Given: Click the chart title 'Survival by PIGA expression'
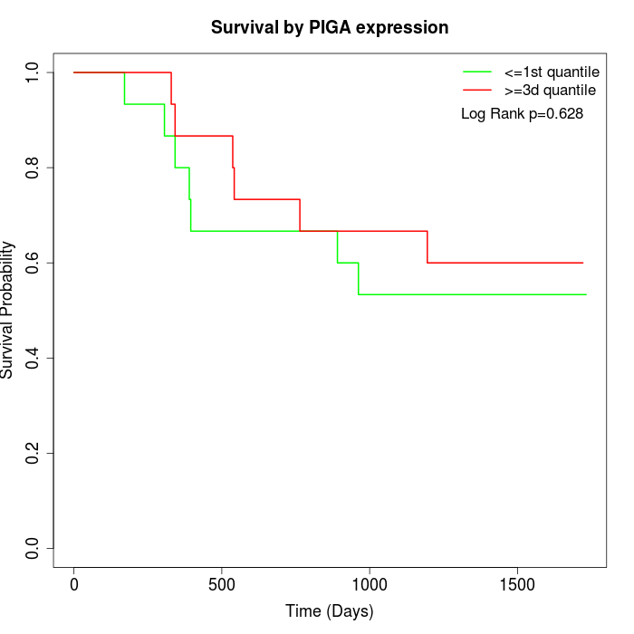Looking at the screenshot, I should pos(330,27).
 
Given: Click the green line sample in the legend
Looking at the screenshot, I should pos(477,72).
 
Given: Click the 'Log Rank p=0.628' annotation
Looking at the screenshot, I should pos(522,113).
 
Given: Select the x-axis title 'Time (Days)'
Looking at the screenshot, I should pos(330,611).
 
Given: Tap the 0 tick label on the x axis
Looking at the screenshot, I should pos(74,585).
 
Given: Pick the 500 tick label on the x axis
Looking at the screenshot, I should pos(222,585).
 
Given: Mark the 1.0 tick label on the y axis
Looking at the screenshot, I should pos(34,72).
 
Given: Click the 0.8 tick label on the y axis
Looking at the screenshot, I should pos(34,168).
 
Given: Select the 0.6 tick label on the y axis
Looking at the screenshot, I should pos(34,263).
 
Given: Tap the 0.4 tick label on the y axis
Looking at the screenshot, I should pos(34,358).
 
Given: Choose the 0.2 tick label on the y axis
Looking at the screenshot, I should pos(34,453).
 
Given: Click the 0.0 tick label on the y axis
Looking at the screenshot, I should pos(34,548).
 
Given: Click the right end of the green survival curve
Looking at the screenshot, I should pos(586,294).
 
